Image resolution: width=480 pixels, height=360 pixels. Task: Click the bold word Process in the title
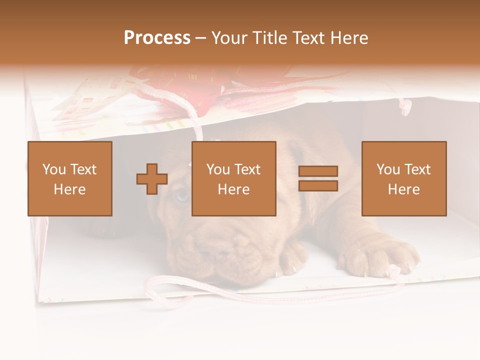pyautogui.click(x=157, y=38)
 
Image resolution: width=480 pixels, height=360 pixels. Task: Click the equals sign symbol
pyautogui.click(x=318, y=179)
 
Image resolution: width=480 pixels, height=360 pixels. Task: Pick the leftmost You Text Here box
pyautogui.click(x=70, y=179)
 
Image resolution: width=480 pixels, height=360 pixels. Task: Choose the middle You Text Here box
pyautogui.click(x=234, y=179)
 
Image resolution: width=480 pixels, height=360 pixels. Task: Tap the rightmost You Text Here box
pyautogui.click(x=404, y=179)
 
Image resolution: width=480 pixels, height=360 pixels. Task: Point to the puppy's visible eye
pyautogui.click(x=181, y=194)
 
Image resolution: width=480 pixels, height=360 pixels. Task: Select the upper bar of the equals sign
pyautogui.click(x=318, y=171)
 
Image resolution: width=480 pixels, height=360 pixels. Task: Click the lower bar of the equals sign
pyautogui.click(x=318, y=186)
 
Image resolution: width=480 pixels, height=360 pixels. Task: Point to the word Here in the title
pyautogui.click(x=349, y=38)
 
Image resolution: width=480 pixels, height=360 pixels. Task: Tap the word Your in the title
pyautogui.click(x=229, y=38)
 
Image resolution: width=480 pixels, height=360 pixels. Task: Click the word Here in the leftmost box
pyautogui.click(x=70, y=189)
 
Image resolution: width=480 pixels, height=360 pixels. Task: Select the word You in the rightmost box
pyautogui.click(x=388, y=169)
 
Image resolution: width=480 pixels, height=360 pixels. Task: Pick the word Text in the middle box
pyautogui.click(x=248, y=169)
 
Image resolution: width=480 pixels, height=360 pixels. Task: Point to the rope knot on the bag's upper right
pyautogui.click(x=406, y=106)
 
